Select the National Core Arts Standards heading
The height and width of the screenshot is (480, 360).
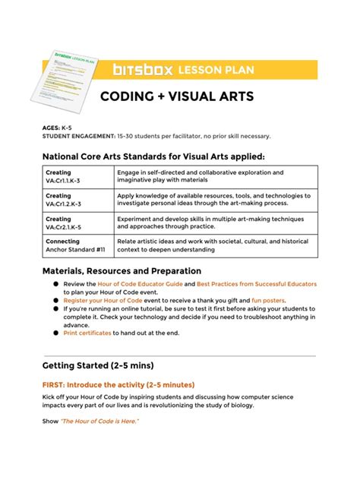(x=153, y=156)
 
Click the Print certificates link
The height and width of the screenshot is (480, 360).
(x=87, y=333)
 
